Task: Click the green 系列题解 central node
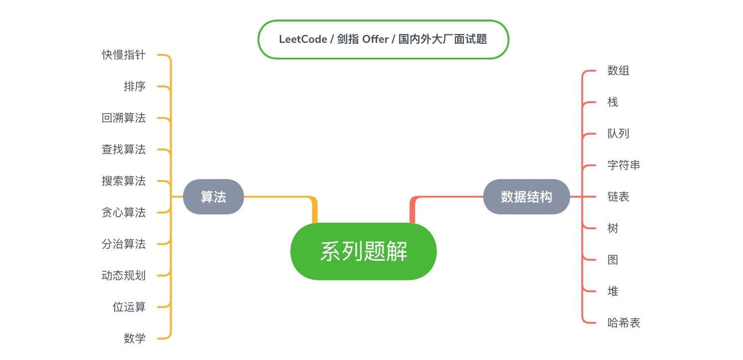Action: click(x=363, y=251)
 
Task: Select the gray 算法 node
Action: click(x=213, y=197)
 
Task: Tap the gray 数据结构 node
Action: click(x=526, y=197)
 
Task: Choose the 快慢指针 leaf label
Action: click(x=124, y=55)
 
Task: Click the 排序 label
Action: click(x=135, y=86)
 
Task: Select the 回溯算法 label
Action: click(x=124, y=118)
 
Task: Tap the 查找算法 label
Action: click(x=124, y=150)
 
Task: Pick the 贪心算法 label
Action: click(x=124, y=212)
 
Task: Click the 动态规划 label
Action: click(x=124, y=275)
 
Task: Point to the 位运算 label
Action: click(x=129, y=307)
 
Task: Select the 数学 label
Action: click(x=135, y=339)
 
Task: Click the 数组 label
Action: click(x=618, y=71)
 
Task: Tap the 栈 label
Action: click(x=613, y=102)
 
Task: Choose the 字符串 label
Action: click(x=624, y=165)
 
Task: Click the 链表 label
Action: click(x=618, y=197)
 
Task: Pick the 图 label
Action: click(x=613, y=260)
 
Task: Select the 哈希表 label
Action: click(x=624, y=323)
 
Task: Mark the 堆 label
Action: click(x=613, y=291)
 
